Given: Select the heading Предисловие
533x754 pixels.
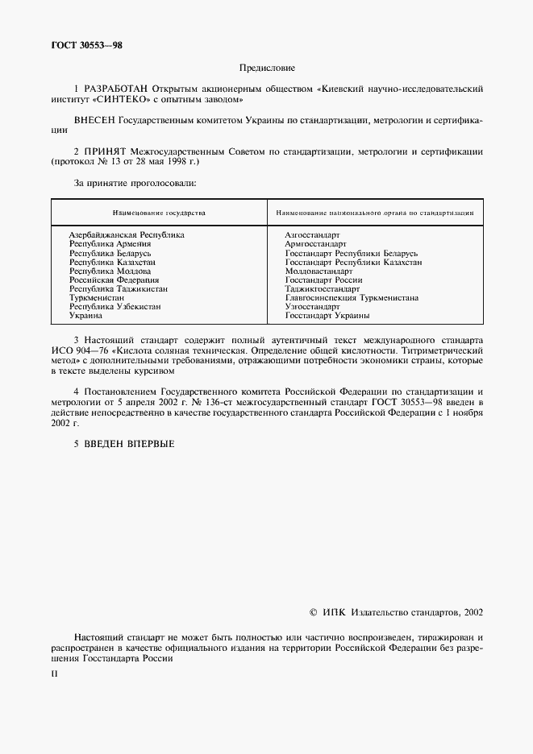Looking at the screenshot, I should point(267,69).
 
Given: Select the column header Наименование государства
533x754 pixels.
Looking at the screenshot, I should point(159,213).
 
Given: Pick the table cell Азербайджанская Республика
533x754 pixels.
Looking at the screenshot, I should point(127,234).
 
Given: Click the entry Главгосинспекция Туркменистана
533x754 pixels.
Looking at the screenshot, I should point(352,297).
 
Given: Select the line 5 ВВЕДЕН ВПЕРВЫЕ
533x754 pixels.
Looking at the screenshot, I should point(123,443).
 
